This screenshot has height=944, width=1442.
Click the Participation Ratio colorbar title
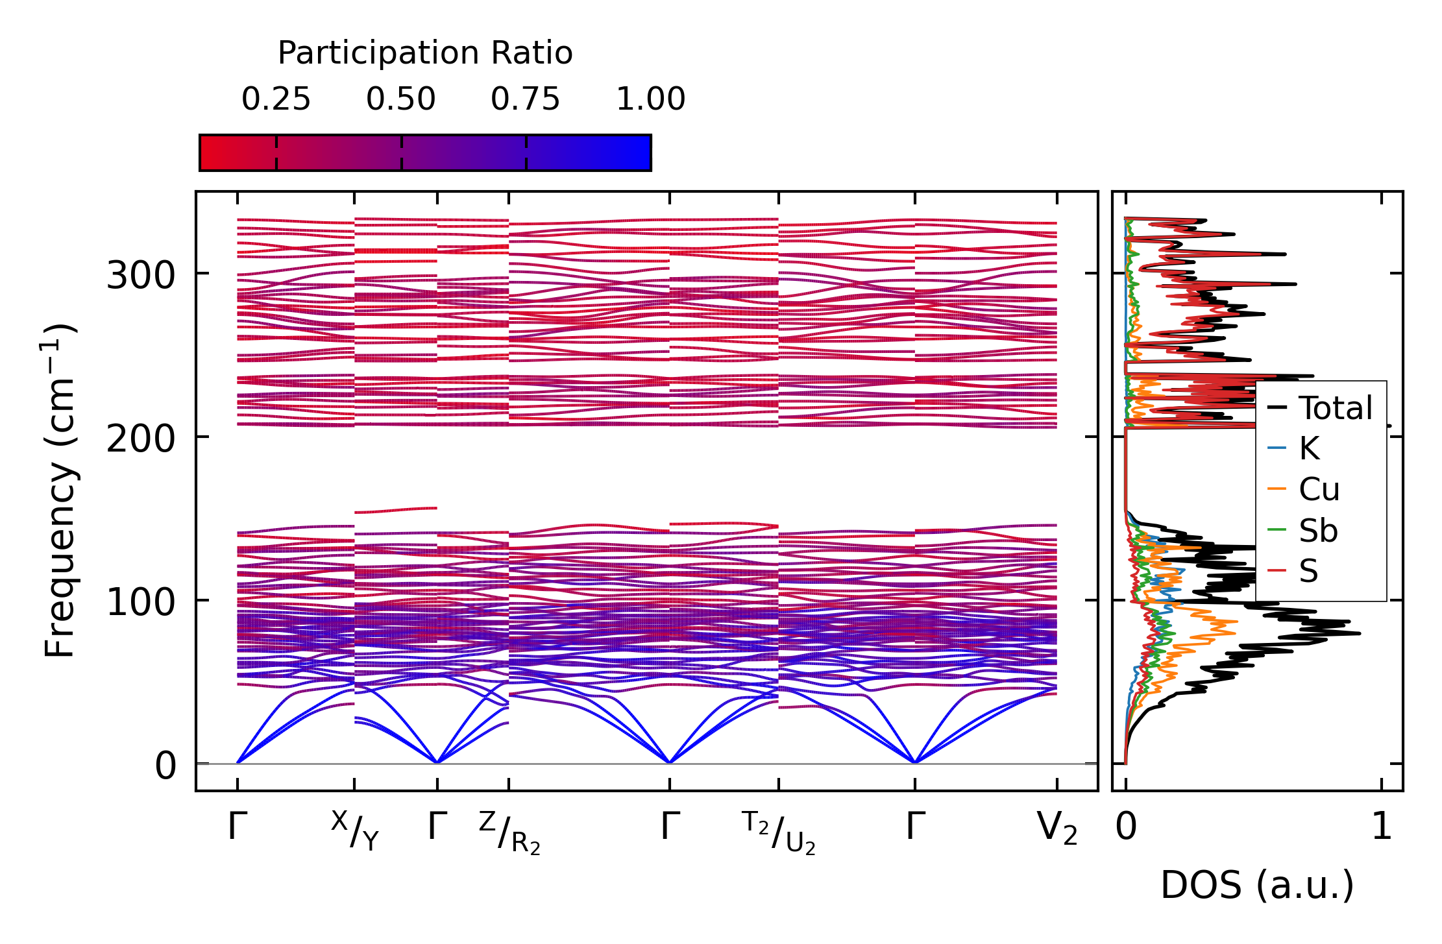425,53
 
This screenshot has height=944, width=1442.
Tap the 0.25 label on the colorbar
276,99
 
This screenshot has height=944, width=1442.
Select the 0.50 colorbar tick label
400,99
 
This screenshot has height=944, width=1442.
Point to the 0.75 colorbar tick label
525,99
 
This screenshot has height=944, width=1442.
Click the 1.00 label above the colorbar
650,99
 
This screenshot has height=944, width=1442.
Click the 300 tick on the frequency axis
141,275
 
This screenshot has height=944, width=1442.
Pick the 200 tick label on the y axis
141,439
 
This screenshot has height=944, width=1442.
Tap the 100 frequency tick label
141,602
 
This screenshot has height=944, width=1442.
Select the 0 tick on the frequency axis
165,766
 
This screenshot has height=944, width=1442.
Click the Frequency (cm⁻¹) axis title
60,491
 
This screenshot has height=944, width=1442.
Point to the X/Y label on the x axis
355,830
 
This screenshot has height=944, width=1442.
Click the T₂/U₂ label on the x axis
779,832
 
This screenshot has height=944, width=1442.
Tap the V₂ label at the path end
1057,829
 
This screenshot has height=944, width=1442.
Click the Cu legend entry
1319,489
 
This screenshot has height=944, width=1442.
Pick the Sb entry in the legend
1318,531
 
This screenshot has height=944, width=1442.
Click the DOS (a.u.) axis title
1257,886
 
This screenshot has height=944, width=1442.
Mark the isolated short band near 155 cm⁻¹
395,510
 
